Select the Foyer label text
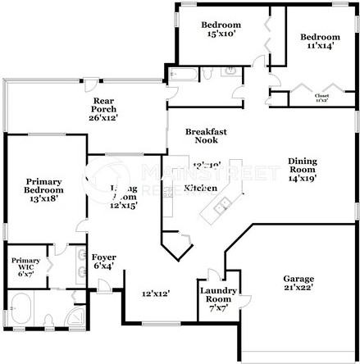click(x=103, y=257)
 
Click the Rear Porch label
click(x=104, y=110)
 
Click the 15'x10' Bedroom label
click(x=221, y=30)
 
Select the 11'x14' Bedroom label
click(x=319, y=42)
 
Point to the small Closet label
click(x=322, y=97)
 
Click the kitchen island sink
click(x=221, y=206)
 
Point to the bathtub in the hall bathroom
click(x=183, y=75)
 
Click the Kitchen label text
click(x=200, y=188)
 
